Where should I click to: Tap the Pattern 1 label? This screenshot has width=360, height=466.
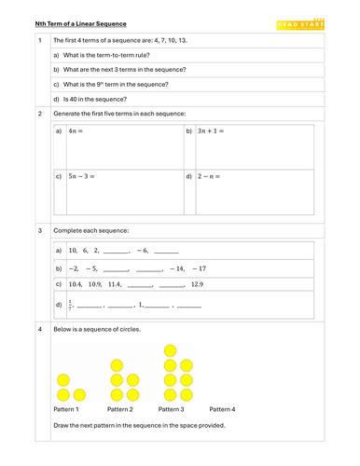point(65,409)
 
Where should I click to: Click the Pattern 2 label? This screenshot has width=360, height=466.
point(119,409)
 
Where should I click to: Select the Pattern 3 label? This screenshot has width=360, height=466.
point(172,409)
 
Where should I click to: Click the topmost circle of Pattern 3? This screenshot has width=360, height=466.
point(172,351)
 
